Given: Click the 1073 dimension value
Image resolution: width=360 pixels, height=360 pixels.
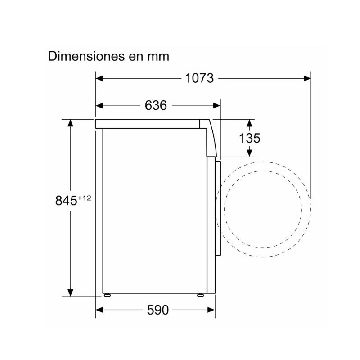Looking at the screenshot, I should (199, 78).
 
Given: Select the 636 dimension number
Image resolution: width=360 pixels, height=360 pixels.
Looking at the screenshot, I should (156, 106).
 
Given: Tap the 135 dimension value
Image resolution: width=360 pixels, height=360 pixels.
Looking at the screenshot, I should (250, 138).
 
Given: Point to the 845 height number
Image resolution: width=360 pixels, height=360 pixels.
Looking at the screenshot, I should (66, 201).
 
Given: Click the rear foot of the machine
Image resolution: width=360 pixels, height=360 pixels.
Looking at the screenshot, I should (108, 295).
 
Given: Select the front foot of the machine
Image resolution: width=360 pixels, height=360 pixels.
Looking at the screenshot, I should (200, 295).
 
